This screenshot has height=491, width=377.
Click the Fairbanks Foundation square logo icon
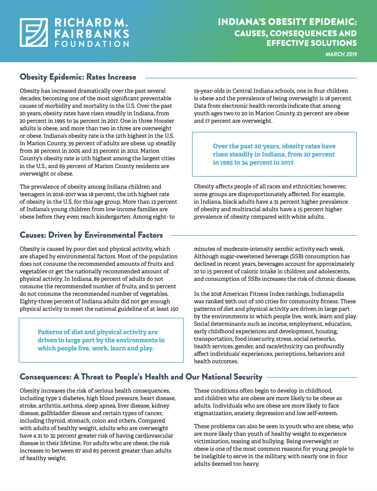click(x=34, y=32)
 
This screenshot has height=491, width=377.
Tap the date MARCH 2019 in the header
click(x=341, y=54)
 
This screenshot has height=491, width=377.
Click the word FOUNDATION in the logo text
click(x=92, y=44)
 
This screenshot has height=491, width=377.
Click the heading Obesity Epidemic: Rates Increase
click(x=78, y=77)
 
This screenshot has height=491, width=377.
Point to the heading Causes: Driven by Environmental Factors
click(x=91, y=235)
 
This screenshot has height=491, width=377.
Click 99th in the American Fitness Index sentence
click(x=232, y=301)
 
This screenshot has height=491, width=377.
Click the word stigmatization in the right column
click(x=212, y=413)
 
